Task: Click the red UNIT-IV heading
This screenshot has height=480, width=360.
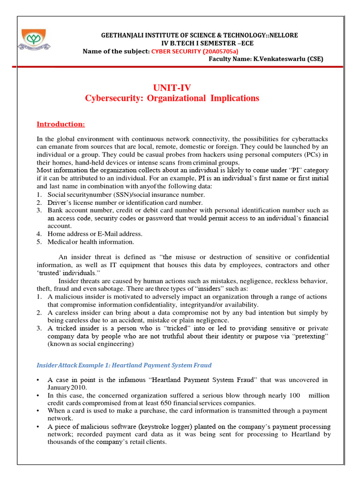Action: [x=172, y=87]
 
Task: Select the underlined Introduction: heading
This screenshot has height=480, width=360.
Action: [x=61, y=124]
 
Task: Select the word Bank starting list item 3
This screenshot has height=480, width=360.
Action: [x=55, y=210]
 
